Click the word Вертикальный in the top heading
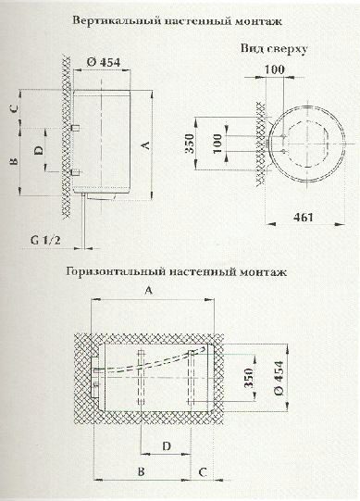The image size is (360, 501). click(117, 21)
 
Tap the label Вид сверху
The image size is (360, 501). click(274, 49)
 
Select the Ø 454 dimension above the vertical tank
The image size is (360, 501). click(104, 62)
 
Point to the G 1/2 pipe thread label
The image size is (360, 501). click(45, 240)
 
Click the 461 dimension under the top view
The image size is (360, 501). click(304, 218)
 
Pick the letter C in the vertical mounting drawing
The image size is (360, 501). click(14, 108)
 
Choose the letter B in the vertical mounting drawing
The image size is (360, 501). click(14, 161)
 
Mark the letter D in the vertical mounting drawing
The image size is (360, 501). click(39, 150)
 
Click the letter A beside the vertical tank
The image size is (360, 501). click(145, 145)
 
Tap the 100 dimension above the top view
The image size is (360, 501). click(274, 69)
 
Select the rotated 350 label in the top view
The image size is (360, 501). click(189, 144)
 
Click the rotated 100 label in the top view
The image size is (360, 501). click(217, 144)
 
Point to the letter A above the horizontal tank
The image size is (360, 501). click(149, 290)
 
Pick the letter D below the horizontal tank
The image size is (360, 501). click(167, 446)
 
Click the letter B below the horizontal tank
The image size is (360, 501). click(142, 471)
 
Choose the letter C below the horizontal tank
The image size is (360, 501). click(203, 472)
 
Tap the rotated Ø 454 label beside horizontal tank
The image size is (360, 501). click(279, 378)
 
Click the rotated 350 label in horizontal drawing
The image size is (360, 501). click(249, 378)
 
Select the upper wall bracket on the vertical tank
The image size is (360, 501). click(76, 127)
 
